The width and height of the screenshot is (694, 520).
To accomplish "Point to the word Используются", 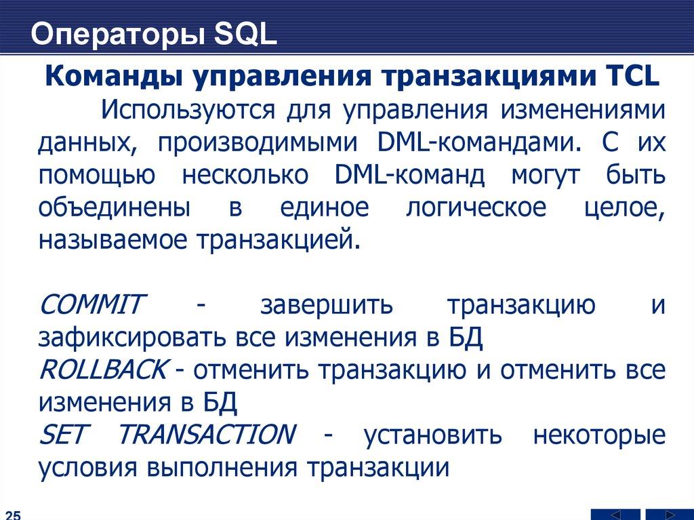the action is point(188,111).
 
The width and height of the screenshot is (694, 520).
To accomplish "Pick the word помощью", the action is point(97,176).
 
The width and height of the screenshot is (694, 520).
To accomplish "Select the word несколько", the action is point(245,176).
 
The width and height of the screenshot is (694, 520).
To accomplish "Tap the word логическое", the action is point(476,208).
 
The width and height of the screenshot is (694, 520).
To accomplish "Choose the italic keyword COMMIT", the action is point(91,304).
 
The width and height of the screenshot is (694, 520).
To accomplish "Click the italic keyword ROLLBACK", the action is point(103,369).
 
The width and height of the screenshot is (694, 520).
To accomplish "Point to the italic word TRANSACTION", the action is point(206,434).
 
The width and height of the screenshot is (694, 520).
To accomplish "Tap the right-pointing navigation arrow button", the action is point(668,515).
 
